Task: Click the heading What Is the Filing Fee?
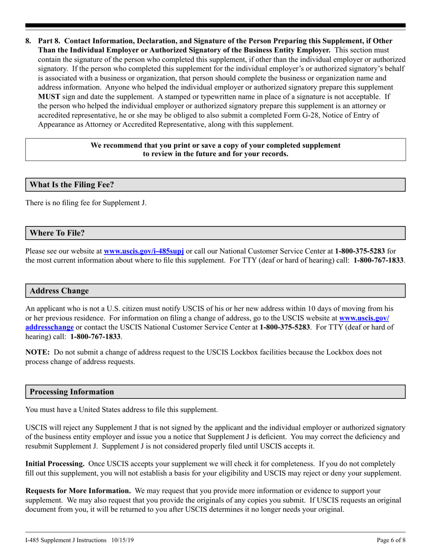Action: point(72,185)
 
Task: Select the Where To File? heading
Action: point(57,233)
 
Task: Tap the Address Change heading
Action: point(59,291)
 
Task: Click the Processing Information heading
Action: point(72,392)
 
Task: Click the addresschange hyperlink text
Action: point(49,327)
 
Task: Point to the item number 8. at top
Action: point(29,41)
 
